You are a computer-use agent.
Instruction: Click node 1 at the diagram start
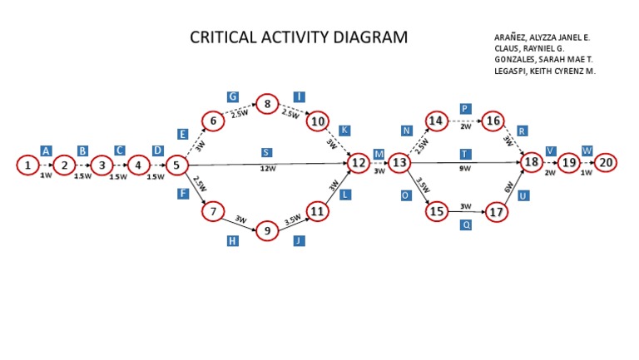(x=27, y=165)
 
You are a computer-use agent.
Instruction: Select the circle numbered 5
(x=176, y=165)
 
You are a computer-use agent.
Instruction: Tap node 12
(x=359, y=163)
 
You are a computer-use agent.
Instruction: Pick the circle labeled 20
(x=606, y=163)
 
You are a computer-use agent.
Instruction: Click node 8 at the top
(x=267, y=104)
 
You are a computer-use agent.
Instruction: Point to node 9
(x=267, y=230)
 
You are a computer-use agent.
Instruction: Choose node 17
(x=497, y=212)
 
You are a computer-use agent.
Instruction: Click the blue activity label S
(x=266, y=152)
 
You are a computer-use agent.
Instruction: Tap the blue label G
(x=233, y=96)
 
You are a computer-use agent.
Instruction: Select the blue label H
(x=233, y=241)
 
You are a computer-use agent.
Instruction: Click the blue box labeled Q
(x=466, y=224)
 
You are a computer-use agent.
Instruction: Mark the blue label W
(x=587, y=150)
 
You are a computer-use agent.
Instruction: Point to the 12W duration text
(x=267, y=169)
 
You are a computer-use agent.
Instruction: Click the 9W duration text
(x=465, y=169)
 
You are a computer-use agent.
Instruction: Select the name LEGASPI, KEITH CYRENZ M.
(x=544, y=72)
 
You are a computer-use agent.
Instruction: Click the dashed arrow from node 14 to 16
(x=465, y=121)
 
